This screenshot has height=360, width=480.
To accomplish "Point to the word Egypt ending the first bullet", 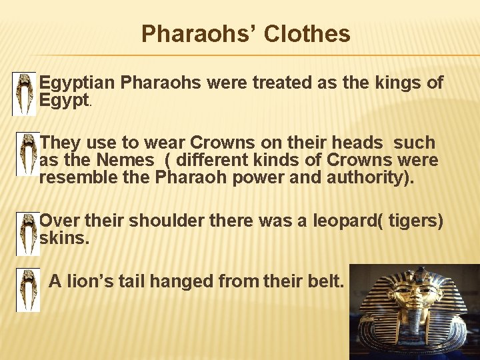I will point(64,101).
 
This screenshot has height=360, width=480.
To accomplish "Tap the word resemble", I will point(77,178).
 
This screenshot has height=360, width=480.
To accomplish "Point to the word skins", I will point(63,238).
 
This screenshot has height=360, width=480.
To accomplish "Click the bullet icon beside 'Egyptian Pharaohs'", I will point(25,93).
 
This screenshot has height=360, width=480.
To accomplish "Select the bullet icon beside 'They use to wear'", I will point(27,153).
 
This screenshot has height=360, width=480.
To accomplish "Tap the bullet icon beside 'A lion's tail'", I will point(28,290).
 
